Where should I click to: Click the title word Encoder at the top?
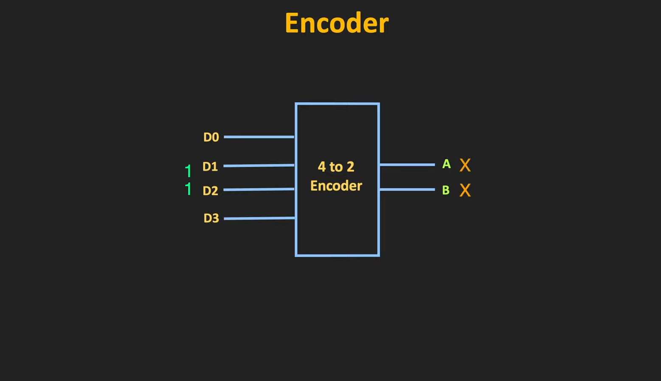coord(336,23)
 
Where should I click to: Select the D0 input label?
coord(211,137)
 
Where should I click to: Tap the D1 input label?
coord(210,167)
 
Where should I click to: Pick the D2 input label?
coord(211,191)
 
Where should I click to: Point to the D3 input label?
coord(211,218)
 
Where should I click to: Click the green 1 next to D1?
coord(188,171)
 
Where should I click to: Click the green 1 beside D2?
coord(188,189)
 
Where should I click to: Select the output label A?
coord(446,164)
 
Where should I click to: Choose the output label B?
coord(446,190)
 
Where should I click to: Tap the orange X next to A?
coord(465,165)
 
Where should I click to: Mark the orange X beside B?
coord(465,190)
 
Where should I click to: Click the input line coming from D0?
coord(259,137)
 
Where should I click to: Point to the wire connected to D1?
coord(259,165)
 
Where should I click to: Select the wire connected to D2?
coord(259,189)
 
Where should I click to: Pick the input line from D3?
coord(259,218)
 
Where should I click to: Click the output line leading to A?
coord(407,164)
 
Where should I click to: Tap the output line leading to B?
coord(407,189)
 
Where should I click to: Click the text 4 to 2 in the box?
coord(336,167)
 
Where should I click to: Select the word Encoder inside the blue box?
coord(336,186)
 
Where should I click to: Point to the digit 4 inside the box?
coord(321,167)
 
